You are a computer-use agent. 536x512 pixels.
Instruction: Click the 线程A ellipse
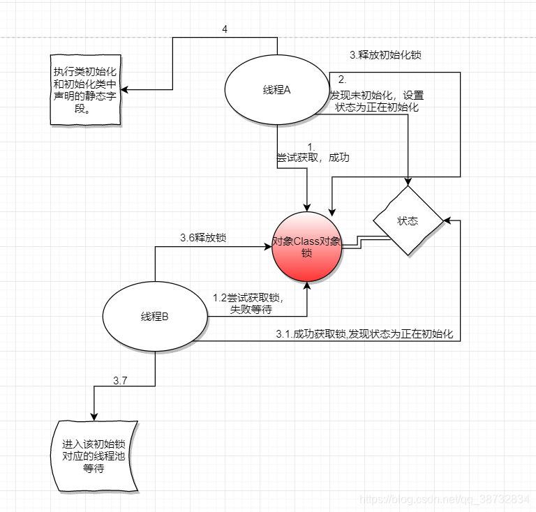click(x=277, y=90)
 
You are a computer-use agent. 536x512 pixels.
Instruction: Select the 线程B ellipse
click(x=155, y=317)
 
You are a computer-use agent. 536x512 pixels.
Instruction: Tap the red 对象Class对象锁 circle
click(x=307, y=247)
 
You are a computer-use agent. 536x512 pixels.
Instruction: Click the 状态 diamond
click(x=408, y=220)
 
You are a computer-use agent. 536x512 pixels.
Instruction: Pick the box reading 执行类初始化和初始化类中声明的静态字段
click(x=85, y=90)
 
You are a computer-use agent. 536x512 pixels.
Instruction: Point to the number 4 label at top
click(x=224, y=29)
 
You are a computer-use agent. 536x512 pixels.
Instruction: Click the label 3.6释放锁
click(x=203, y=238)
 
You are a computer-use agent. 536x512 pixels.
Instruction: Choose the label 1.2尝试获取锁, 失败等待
click(x=247, y=303)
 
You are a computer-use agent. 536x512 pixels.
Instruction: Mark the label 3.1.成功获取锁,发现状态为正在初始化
click(x=364, y=334)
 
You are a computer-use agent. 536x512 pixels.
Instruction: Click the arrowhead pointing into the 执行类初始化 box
click(x=127, y=89)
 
